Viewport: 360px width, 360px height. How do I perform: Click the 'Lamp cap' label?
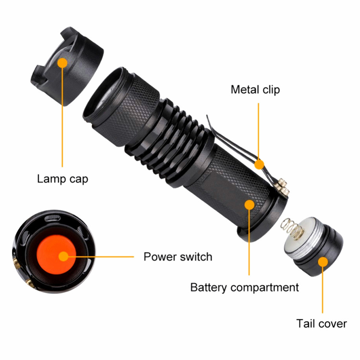pos(62,179)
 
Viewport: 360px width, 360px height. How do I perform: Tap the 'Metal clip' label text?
pos(255,90)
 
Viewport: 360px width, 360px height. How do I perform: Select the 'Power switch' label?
pos(178,257)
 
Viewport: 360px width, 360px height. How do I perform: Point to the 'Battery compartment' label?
pos(244,288)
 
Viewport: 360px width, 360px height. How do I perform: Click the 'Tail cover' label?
pos(322,324)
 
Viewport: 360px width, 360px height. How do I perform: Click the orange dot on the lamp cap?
pos(62,63)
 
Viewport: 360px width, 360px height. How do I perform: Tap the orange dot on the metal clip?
pos(259,164)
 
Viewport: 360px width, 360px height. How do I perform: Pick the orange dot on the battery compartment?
pos(249,204)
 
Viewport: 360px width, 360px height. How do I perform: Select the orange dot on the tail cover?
pos(323,262)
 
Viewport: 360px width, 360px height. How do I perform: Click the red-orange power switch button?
pos(56,254)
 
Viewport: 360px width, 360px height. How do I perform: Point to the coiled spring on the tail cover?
pos(290,229)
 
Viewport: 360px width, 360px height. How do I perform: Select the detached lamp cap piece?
pos(67,67)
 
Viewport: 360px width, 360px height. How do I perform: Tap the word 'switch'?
pos(196,257)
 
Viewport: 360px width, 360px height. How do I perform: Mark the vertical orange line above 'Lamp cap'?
pos(62,117)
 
